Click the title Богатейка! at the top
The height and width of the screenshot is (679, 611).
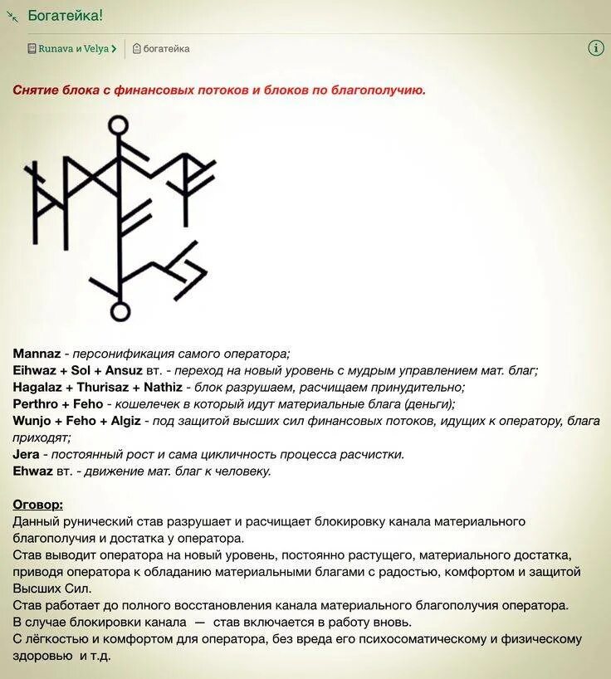[x=66, y=16]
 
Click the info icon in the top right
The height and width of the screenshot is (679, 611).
[x=595, y=48]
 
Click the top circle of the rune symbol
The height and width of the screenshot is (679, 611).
[x=120, y=125]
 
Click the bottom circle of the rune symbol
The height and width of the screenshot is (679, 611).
[x=120, y=311]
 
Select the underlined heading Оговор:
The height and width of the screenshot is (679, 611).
[x=37, y=505]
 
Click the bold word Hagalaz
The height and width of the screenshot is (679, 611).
[x=38, y=388]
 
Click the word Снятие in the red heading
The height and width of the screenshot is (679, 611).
[x=34, y=90]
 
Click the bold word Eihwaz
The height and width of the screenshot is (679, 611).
[x=34, y=370]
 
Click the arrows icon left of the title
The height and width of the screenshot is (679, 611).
[x=12, y=16]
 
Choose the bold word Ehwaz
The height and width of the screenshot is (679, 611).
[x=32, y=471]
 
